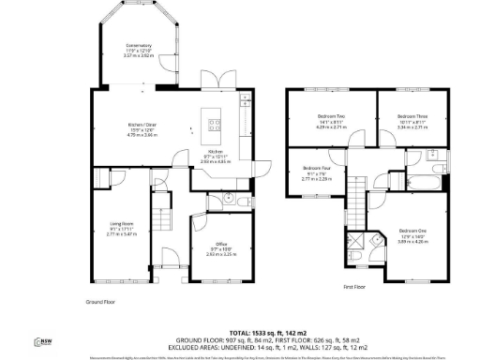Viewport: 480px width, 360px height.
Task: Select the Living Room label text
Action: pyautogui.click(x=109, y=229)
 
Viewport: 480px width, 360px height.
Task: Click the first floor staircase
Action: pyautogui.click(x=357, y=198)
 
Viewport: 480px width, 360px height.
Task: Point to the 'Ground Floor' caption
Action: pyautogui.click(x=99, y=302)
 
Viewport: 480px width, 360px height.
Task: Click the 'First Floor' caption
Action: pyautogui.click(x=353, y=287)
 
